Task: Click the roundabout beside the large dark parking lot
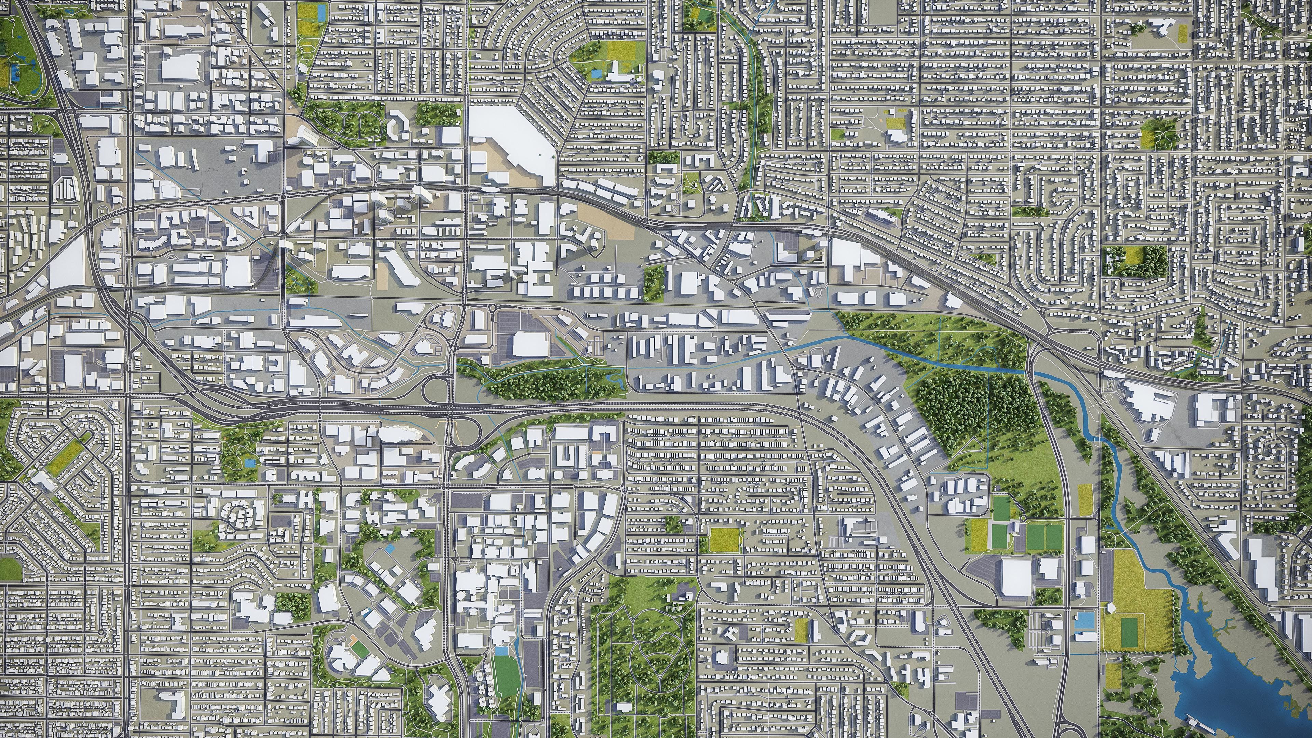pyautogui.click(x=492, y=307)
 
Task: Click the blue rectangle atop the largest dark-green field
pyautogui.click(x=502, y=651)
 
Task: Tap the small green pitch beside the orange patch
pyautogui.click(x=359, y=648)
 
